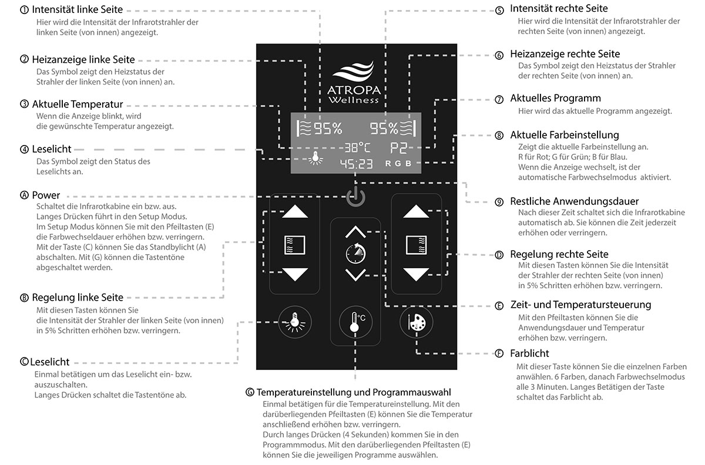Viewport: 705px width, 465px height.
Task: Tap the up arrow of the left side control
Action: pyautogui.click(x=295, y=212)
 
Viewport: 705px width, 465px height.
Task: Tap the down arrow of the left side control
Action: pyautogui.click(x=295, y=274)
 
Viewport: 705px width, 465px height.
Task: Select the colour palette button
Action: pyautogui.click(x=417, y=321)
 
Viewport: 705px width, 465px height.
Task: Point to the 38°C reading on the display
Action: pyautogui.click(x=357, y=147)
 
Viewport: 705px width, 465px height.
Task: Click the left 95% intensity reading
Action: pyautogui.click(x=327, y=129)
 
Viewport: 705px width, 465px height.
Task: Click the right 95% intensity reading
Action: pyautogui.click(x=383, y=129)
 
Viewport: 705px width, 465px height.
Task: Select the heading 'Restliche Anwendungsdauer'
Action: pyautogui.click(x=574, y=201)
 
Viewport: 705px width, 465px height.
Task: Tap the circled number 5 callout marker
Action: pyautogui.click(x=499, y=10)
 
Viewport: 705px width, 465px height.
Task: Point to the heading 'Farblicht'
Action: pyautogui.click(x=529, y=353)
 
